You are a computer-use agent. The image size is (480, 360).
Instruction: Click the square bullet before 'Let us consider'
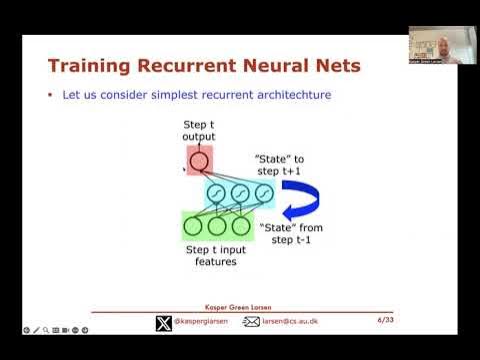(x=49, y=95)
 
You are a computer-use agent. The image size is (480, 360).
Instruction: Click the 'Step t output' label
(x=198, y=130)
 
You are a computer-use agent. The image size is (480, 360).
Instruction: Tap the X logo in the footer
(x=164, y=322)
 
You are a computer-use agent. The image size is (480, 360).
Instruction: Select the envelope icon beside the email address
(x=252, y=322)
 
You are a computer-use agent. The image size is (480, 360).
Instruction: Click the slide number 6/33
(x=384, y=321)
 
